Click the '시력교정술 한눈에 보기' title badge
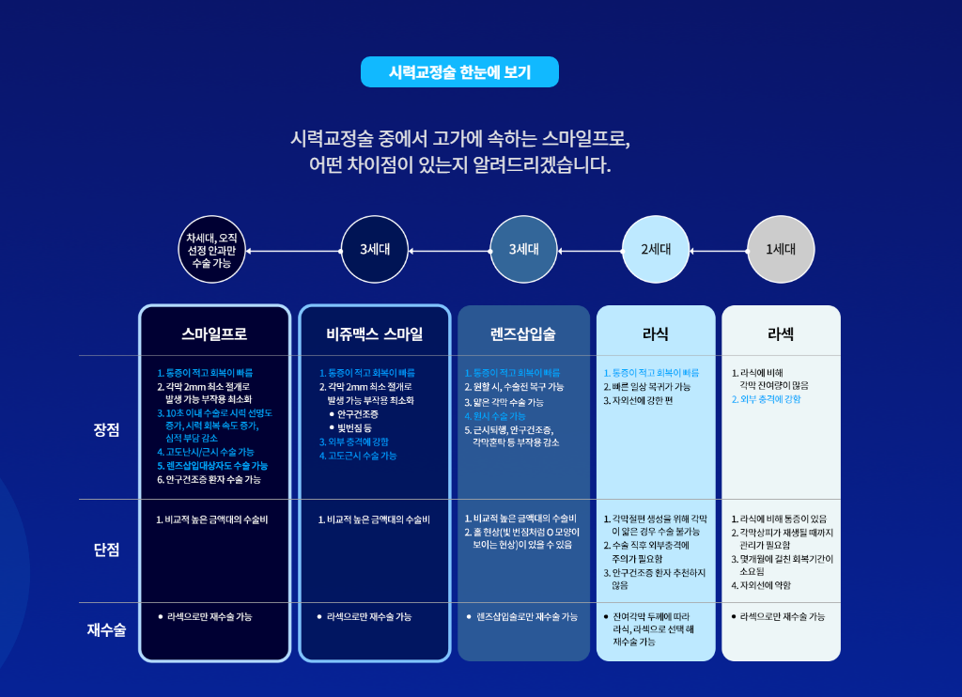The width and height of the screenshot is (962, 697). pyautogui.click(x=459, y=71)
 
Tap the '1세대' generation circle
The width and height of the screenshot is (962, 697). pyautogui.click(x=781, y=249)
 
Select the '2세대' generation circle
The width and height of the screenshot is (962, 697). pyautogui.click(x=656, y=249)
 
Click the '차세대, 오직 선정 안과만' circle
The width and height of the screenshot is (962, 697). pyautogui.click(x=211, y=249)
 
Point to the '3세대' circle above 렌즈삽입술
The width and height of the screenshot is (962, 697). pyautogui.click(x=523, y=249)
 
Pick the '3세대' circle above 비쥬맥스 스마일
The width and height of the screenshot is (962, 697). pyautogui.click(x=374, y=249)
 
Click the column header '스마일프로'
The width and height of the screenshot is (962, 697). pyautogui.click(x=214, y=333)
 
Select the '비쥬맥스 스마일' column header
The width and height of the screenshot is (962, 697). pyautogui.click(x=374, y=333)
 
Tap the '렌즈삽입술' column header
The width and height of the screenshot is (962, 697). pyautogui.click(x=523, y=333)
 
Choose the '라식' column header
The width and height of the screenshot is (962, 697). pyautogui.click(x=656, y=333)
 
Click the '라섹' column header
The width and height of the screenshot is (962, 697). pyautogui.click(x=781, y=333)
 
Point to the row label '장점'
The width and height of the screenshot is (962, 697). pyautogui.click(x=107, y=429)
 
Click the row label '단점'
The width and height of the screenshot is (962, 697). pyautogui.click(x=107, y=549)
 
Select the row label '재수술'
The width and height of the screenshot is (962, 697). pyautogui.click(x=107, y=628)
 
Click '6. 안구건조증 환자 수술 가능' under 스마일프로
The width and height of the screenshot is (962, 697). pyautogui.click(x=209, y=479)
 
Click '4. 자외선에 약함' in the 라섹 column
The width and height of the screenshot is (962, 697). pyautogui.click(x=761, y=584)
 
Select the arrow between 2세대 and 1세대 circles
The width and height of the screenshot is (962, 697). pyautogui.click(x=719, y=251)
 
